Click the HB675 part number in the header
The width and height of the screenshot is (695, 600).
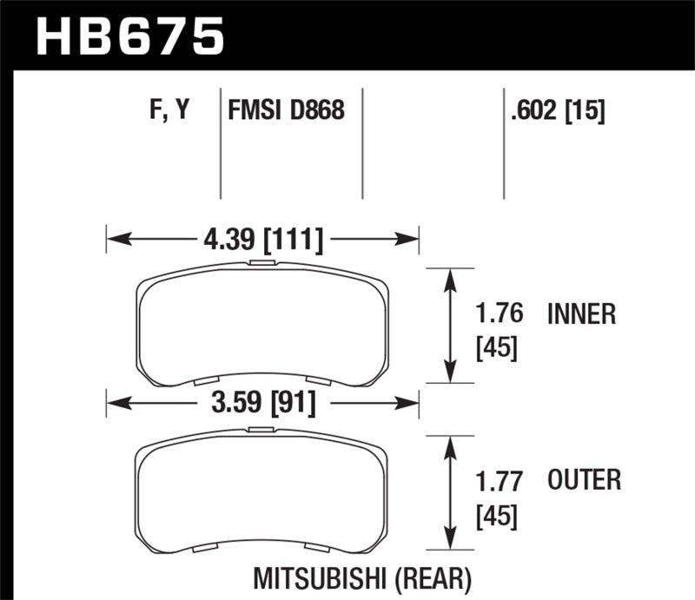click(x=129, y=36)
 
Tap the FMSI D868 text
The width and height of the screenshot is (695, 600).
click(x=286, y=110)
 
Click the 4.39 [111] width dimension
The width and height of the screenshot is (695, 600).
click(x=261, y=237)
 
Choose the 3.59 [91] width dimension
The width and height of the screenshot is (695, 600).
click(x=261, y=402)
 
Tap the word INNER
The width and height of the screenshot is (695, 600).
click(x=581, y=313)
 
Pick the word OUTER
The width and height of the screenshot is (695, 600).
click(x=585, y=478)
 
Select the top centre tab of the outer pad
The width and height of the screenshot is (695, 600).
click(x=261, y=430)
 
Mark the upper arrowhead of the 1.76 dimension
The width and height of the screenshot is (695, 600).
click(x=450, y=276)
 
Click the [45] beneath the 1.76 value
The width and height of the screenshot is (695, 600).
click(x=497, y=349)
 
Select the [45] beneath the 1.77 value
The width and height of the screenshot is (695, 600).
click(x=497, y=516)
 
